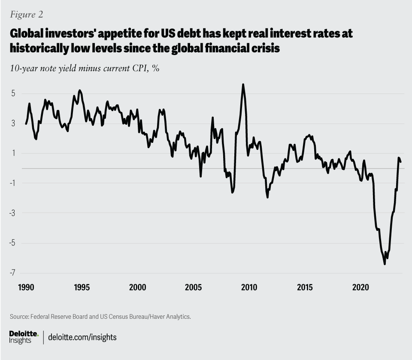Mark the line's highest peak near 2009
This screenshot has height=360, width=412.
(243, 85)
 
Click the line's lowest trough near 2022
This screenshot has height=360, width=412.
(385, 264)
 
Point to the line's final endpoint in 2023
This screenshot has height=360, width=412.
(400, 161)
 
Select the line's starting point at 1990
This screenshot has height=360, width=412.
(26, 124)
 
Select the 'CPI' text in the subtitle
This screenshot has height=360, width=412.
(139, 69)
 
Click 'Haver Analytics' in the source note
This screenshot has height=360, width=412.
(168, 317)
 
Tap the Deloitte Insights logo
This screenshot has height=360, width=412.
(24, 337)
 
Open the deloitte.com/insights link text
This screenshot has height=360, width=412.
(82, 337)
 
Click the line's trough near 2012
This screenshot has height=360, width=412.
(267, 197)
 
